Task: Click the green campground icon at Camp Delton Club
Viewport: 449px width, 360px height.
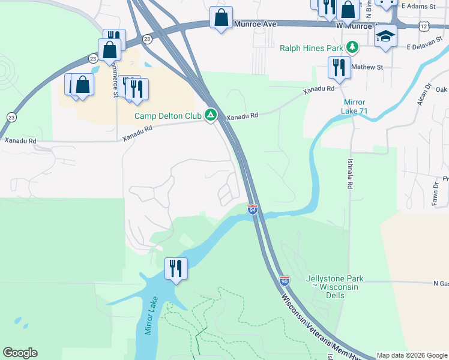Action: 211,115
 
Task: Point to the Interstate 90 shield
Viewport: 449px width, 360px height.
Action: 285,281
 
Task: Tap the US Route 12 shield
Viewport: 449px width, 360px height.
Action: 424,26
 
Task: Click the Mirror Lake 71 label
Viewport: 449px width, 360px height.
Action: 355,106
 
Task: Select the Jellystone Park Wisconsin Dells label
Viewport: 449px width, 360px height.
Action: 332,283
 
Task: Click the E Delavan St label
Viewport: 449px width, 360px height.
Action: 427,46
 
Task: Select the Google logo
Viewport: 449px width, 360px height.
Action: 20,353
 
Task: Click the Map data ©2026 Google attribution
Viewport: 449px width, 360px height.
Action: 412,355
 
